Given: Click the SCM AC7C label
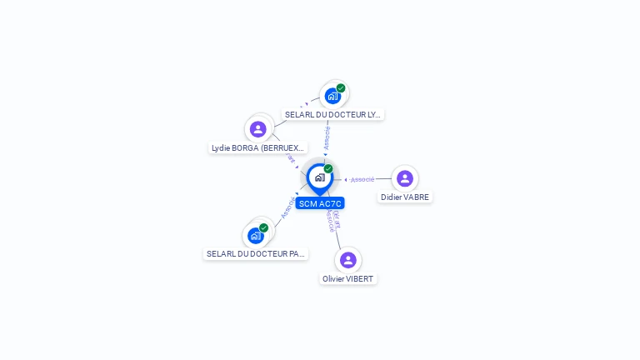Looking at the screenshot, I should [320, 203].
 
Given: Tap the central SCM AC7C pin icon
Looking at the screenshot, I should [319, 177].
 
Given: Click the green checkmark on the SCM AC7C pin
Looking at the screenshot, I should [328, 168].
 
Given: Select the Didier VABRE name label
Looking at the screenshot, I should [405, 197].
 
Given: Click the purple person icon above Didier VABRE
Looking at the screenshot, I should [405, 178].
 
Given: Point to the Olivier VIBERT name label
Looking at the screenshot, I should [348, 279].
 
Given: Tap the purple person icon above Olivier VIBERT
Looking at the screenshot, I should [348, 260].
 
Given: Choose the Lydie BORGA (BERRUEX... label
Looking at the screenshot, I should [258, 148].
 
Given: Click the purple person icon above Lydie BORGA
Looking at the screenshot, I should [258, 129].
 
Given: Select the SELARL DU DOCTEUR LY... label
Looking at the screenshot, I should [333, 115].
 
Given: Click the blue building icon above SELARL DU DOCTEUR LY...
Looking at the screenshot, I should [333, 96].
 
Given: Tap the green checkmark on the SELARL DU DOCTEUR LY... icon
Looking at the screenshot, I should [341, 87].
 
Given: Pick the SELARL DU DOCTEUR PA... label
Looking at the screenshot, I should [256, 254].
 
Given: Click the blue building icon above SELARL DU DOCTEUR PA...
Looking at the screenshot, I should [256, 236].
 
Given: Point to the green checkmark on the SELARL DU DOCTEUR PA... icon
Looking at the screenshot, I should [263, 227].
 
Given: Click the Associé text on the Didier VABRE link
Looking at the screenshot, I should [362, 179].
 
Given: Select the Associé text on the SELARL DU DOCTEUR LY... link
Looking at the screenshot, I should [327, 137].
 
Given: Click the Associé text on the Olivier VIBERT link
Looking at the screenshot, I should [332, 221].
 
